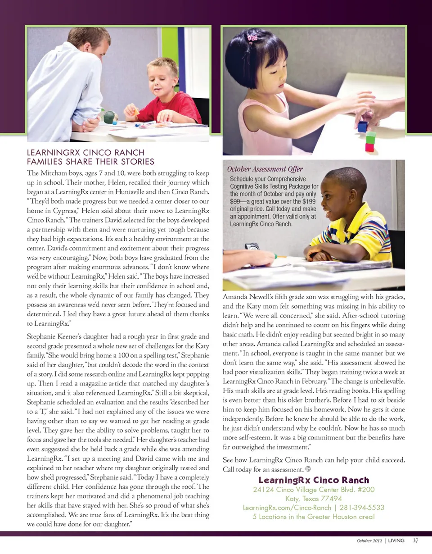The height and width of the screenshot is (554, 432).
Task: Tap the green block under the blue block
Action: pyautogui.click(x=370, y=137)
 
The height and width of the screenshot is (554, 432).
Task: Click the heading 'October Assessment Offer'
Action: pyautogui.click(x=265, y=169)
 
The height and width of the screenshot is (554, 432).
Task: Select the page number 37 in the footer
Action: pyautogui.click(x=416, y=540)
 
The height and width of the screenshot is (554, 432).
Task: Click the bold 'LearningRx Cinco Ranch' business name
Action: pyautogui.click(x=314, y=480)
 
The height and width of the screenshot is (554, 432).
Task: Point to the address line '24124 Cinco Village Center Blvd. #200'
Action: pyautogui.click(x=314, y=490)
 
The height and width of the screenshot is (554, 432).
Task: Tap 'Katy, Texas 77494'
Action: pyautogui.click(x=314, y=499)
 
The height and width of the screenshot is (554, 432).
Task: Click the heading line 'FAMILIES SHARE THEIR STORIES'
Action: pyautogui.click(x=91, y=161)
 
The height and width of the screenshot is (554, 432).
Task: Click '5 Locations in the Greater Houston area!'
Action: pyautogui.click(x=314, y=516)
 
